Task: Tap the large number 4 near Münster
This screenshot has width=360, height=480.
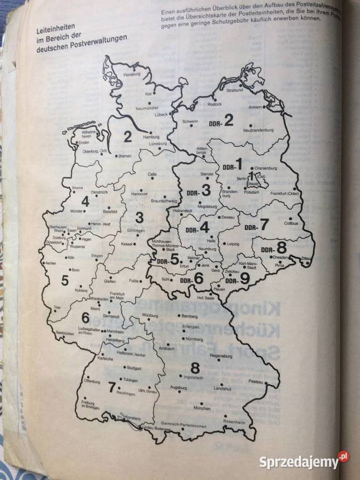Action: point(85,202)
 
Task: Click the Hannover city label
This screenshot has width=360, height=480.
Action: point(140,195)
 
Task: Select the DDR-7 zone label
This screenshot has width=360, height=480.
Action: point(257,225)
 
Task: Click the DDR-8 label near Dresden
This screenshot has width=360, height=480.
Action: point(274,248)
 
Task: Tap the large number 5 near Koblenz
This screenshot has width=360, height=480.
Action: point(65,280)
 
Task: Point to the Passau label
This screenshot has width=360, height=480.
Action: point(256,382)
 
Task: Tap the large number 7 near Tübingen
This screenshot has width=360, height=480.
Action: point(111,386)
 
